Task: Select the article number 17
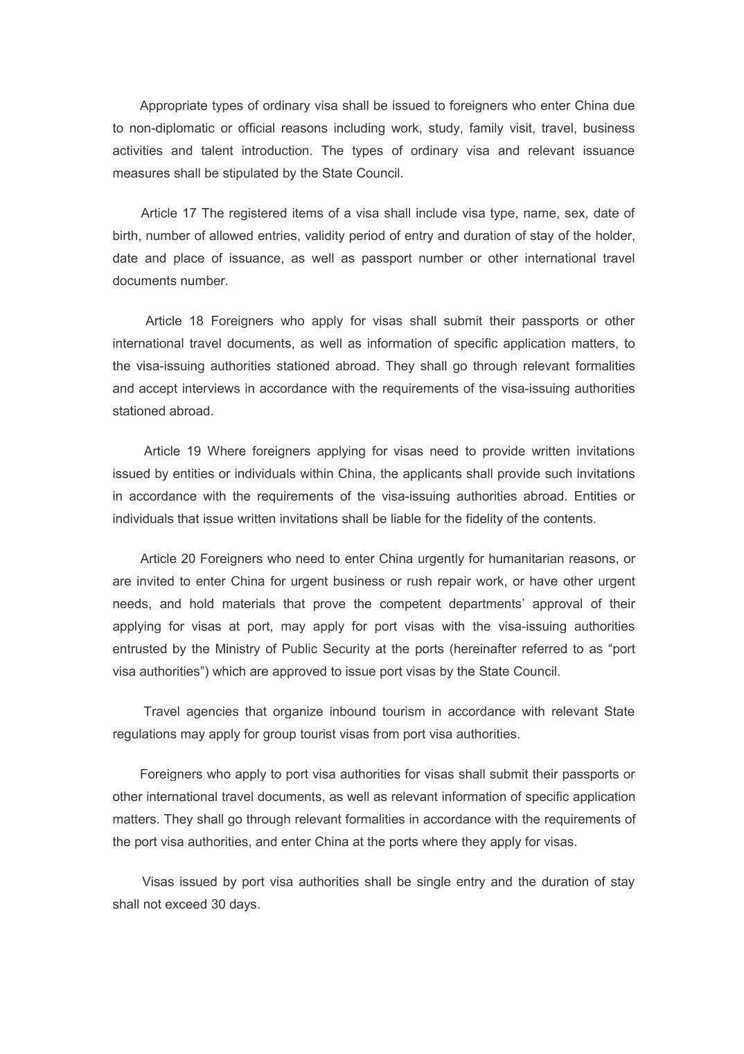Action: (x=189, y=214)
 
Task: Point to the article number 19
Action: (x=194, y=451)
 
